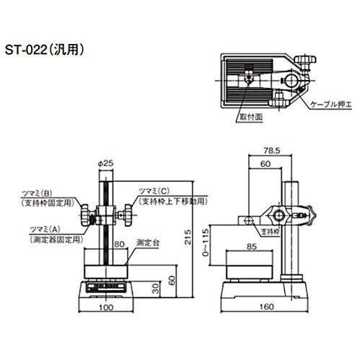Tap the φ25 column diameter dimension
(105, 163)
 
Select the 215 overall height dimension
(188, 237)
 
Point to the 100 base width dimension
(106, 307)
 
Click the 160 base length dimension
(266, 307)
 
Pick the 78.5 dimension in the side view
(272, 151)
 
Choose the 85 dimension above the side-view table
(252, 247)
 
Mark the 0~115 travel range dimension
(206, 242)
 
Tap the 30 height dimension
(156, 289)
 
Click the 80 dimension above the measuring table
(119, 245)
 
